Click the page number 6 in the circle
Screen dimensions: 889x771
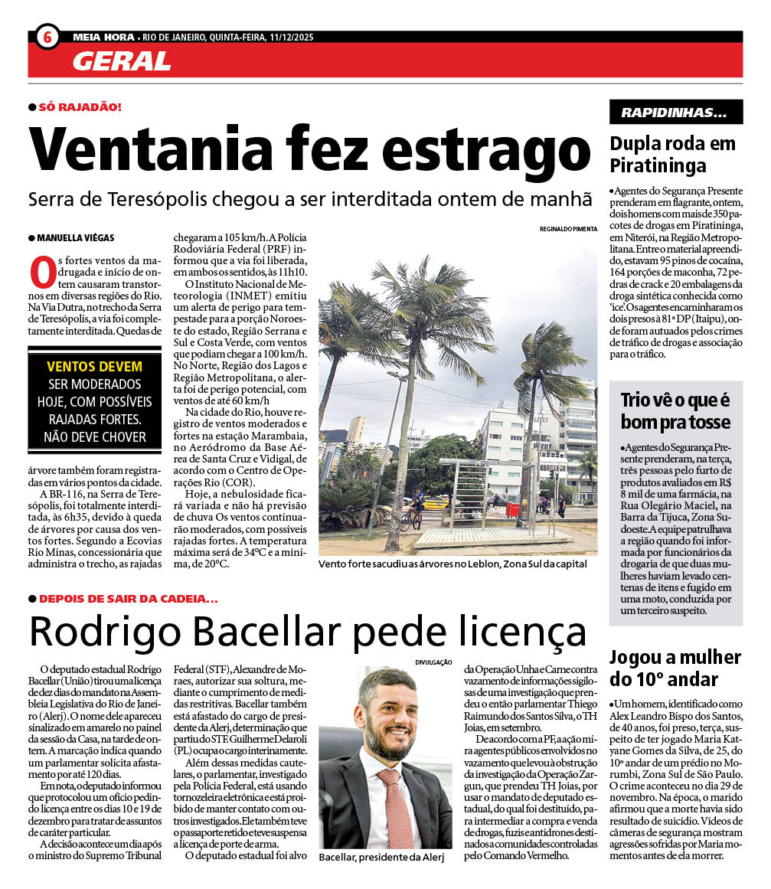47,36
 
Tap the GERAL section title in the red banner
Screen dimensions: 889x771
122,61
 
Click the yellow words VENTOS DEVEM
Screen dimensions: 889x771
94,367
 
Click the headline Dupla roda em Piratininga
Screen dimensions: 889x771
672,154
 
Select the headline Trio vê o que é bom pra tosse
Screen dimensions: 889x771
675,410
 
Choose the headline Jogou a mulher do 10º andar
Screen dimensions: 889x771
675,668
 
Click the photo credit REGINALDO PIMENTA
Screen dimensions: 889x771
568,229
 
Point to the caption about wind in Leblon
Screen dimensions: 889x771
452,564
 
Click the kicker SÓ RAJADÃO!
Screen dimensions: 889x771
80,107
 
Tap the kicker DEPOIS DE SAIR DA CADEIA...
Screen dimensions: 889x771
128,598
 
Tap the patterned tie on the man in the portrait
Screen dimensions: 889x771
395,805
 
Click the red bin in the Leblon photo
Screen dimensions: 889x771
512,508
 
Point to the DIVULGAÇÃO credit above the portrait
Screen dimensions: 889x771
434,662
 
